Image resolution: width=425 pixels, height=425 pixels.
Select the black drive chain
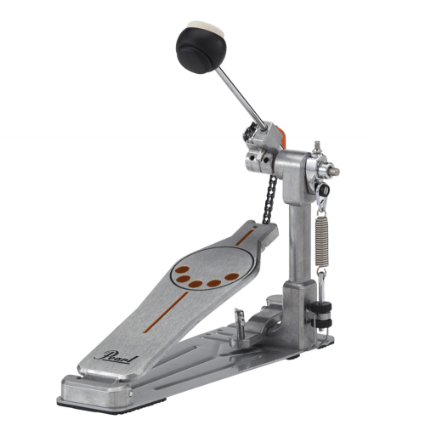269,199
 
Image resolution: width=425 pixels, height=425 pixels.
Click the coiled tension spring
322,241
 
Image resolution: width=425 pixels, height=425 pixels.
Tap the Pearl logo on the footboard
116,358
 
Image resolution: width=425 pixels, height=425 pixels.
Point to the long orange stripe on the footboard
166,312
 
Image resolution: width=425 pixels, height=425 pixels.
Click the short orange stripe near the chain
245,237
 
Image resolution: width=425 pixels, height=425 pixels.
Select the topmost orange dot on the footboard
182,269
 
